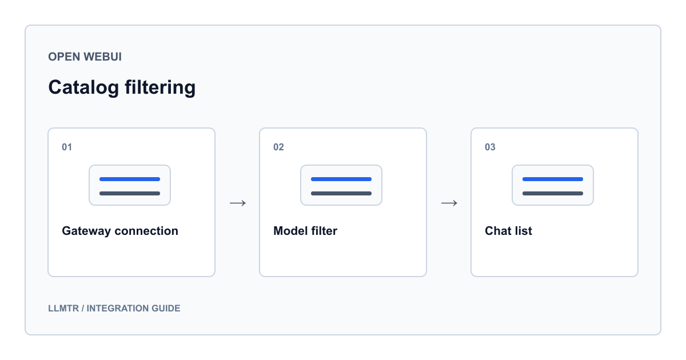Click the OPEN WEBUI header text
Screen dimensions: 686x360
click(85, 57)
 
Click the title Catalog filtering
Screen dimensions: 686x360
click(122, 88)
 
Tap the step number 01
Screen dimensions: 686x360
click(67, 147)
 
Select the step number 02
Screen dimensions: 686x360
click(278, 147)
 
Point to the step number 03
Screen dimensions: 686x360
click(490, 147)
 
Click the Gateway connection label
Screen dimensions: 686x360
click(120, 231)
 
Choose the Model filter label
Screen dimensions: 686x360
click(305, 231)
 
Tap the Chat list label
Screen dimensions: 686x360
click(508, 231)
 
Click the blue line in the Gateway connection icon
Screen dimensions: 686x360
click(130, 179)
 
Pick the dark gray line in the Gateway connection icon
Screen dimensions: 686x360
click(130, 194)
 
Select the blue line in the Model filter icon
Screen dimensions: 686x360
click(341, 179)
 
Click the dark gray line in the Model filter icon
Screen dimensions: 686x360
click(341, 194)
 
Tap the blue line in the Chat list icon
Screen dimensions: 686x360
click(553, 179)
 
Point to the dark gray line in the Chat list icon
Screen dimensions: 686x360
click(553, 194)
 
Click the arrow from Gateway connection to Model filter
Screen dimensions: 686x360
click(238, 203)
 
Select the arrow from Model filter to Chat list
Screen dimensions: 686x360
click(449, 203)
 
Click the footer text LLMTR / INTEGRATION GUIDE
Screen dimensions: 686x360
click(114, 308)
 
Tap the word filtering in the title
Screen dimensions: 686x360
click(160, 88)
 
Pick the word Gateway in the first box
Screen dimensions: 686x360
click(86, 231)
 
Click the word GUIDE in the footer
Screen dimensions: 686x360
click(166, 308)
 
